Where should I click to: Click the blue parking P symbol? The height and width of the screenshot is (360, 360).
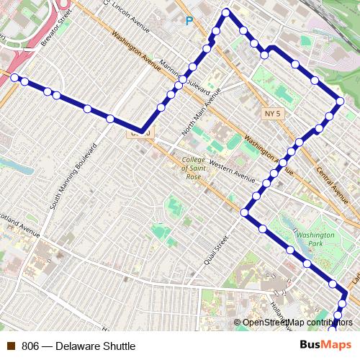pyautogui.click(x=189, y=22)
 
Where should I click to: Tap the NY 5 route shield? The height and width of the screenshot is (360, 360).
pyautogui.click(x=270, y=114)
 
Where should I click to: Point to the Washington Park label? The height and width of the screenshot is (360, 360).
pyautogui.click(x=316, y=240)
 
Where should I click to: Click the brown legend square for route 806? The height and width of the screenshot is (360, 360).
pyautogui.click(x=11, y=346)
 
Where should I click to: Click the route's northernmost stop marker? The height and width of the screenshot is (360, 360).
pyautogui.click(x=226, y=12)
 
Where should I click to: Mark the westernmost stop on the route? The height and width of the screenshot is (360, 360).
pyautogui.click(x=14, y=78)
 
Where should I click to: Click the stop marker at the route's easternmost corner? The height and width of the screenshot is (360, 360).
pyautogui.click(x=340, y=102)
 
